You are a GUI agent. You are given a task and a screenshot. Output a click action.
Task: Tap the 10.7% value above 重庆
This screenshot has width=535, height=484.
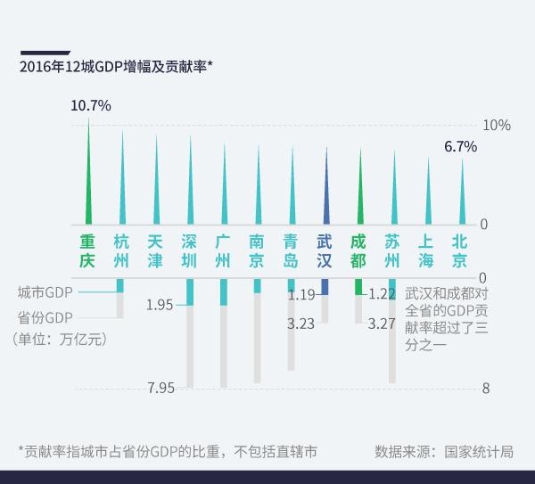tap(91, 105)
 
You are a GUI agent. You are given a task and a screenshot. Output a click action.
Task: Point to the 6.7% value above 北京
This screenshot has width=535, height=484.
tap(461, 146)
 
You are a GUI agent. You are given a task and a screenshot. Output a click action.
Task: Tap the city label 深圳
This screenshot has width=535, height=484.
tap(189, 250)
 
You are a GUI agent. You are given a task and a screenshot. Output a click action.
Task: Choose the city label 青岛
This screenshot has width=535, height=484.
tap(291, 250)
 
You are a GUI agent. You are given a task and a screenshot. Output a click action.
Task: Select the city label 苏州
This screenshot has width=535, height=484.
tap(392, 250)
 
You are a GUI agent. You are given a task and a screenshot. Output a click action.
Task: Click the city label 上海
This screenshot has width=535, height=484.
tap(426, 250)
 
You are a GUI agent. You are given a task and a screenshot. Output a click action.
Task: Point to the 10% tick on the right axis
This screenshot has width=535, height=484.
tap(496, 126)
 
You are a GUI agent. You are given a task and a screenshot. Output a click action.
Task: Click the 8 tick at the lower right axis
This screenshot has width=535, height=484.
tap(485, 388)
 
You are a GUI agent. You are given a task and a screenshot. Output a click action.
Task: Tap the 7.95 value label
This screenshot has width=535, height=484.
tap(160, 387)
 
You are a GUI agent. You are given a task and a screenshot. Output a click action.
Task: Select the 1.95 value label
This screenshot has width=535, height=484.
tap(160, 305)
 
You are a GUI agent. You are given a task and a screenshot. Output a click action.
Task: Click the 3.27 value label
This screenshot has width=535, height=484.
tap(382, 324)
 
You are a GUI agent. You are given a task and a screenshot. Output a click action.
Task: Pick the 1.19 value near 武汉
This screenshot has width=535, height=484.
tap(301, 294)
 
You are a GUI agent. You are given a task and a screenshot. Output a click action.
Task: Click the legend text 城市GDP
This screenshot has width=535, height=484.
tap(45, 291)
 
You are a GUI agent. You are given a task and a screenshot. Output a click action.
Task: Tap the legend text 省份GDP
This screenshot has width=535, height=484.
tap(45, 316)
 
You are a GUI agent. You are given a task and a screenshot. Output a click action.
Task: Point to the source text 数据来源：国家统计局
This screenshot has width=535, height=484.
tap(444, 451)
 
